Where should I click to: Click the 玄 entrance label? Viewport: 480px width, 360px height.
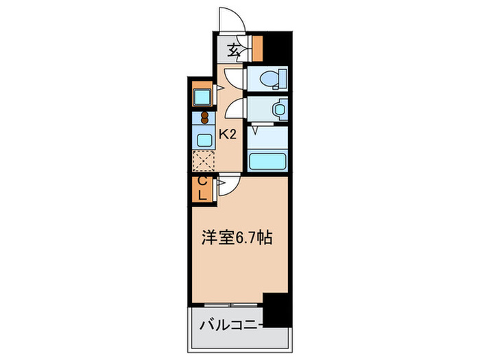[235, 49]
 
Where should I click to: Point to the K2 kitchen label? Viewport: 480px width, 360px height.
[228, 135]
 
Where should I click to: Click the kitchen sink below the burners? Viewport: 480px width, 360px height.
[204, 139]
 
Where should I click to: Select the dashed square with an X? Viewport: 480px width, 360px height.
[204, 162]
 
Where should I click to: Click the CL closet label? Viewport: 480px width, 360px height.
[203, 189]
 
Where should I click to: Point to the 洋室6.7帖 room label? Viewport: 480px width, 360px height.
[237, 238]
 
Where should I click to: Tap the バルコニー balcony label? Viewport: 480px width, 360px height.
[230, 322]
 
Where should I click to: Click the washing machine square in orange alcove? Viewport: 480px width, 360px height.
[202, 95]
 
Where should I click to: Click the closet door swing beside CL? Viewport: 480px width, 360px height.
[228, 186]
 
